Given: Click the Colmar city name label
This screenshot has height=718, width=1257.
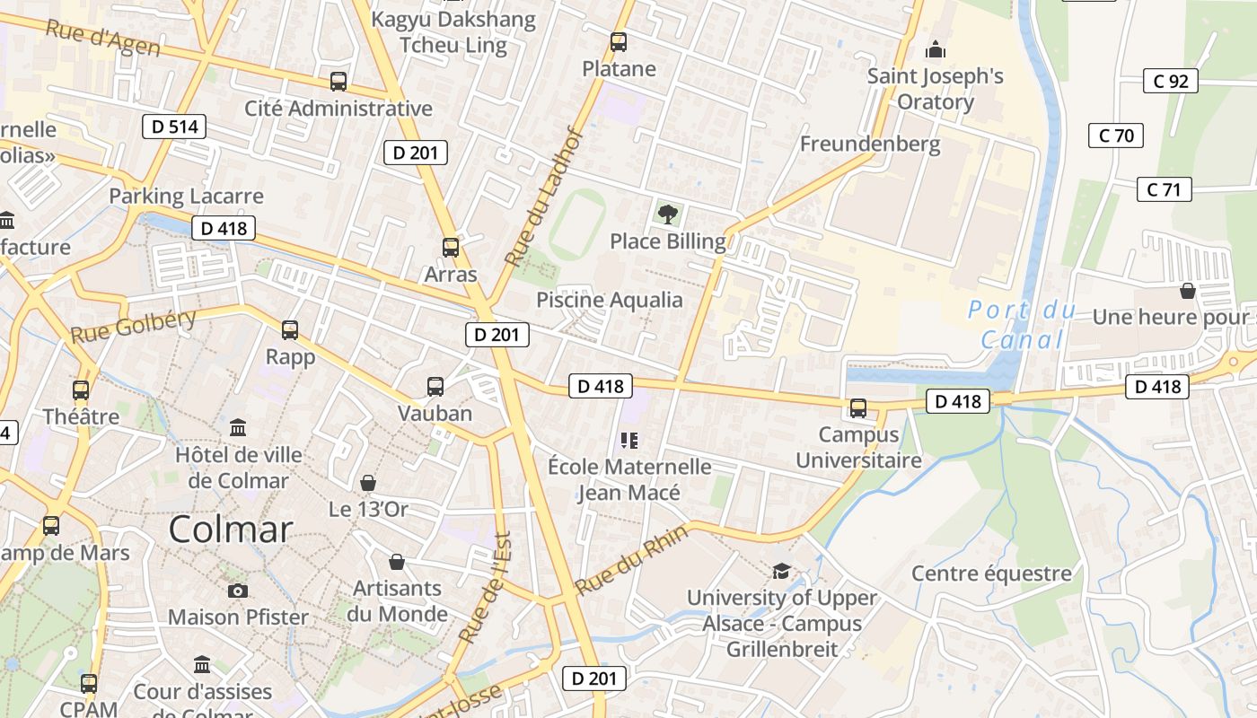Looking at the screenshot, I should [x=231, y=529].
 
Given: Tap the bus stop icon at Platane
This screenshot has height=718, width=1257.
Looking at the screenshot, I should [x=618, y=41].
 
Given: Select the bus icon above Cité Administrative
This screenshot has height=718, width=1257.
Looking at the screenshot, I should [x=338, y=81].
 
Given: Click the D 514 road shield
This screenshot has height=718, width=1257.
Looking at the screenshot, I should [x=174, y=127].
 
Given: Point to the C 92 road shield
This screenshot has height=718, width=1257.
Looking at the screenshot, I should [x=1171, y=82].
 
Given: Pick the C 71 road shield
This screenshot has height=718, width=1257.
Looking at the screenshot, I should [x=1165, y=189].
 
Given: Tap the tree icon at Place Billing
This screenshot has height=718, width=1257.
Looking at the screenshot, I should [x=667, y=214].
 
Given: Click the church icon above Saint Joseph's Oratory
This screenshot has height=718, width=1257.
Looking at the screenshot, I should [x=936, y=48].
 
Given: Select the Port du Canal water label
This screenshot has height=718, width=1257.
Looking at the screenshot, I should [x=1022, y=325].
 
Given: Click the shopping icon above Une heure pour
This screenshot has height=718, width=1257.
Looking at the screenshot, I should [x=1188, y=291].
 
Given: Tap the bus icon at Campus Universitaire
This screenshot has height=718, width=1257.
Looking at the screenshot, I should [x=858, y=408].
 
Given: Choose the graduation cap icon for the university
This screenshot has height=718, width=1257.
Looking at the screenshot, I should [x=781, y=571].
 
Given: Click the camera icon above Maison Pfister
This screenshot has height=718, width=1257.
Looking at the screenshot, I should [x=238, y=590].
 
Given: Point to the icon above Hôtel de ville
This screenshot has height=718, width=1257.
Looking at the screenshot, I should [x=238, y=427].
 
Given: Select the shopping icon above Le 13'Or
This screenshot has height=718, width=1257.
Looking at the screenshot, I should [x=367, y=483].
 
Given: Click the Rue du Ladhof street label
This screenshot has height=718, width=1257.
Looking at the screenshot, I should [x=545, y=197].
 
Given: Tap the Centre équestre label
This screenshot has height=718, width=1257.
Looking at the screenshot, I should [x=991, y=574].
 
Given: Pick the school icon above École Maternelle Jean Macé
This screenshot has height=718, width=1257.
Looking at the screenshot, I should [x=628, y=440].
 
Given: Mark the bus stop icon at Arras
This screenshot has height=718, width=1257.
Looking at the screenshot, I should [x=451, y=247].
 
